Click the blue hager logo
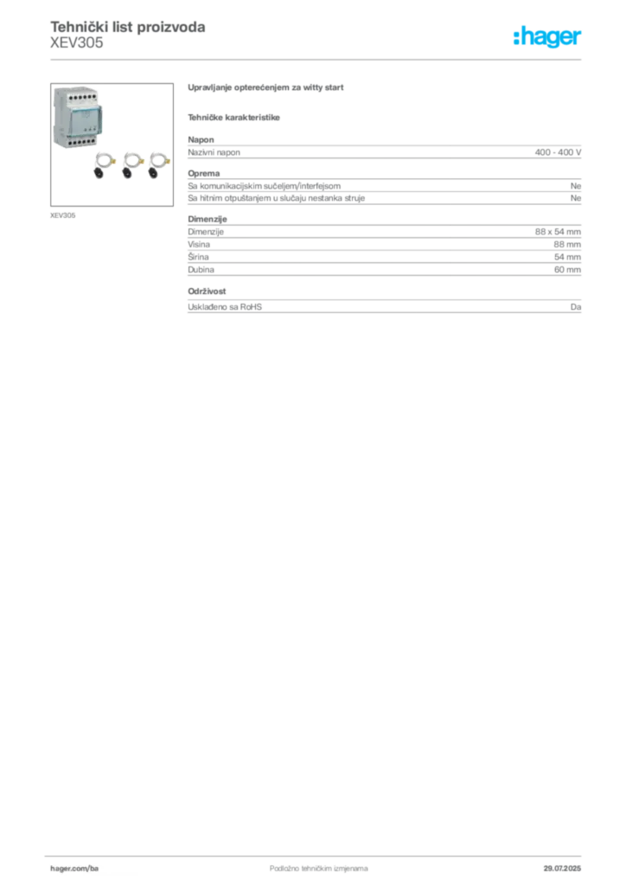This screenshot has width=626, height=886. point(549,38)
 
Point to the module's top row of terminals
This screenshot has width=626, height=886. point(75,94)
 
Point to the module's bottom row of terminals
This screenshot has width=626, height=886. point(75,145)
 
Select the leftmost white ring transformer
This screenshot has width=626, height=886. point(104,160)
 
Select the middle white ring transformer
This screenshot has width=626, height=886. point(130,160)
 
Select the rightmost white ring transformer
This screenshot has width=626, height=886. point(156,160)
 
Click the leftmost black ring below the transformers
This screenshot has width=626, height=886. point(99,174)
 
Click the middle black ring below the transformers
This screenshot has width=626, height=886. point(125,174)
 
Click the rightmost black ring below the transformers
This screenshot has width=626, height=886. point(151,174)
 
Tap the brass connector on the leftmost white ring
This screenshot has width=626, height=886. point(116,160)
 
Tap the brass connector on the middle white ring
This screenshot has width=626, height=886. point(143,160)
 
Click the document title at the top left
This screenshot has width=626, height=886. point(128,27)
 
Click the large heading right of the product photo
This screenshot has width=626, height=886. point(266,89)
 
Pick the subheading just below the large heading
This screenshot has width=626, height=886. point(235,116)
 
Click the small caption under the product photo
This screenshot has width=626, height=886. point(62,211)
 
